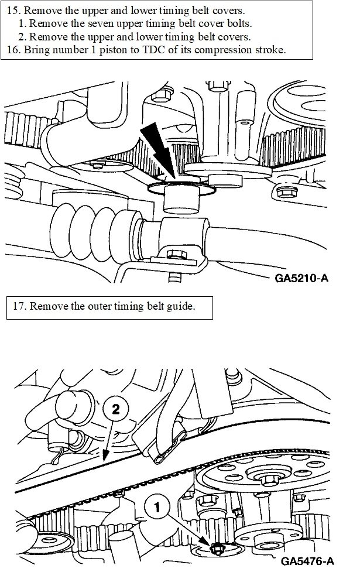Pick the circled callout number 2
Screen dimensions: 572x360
(x=115, y=410)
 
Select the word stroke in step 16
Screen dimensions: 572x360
(x=269, y=50)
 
